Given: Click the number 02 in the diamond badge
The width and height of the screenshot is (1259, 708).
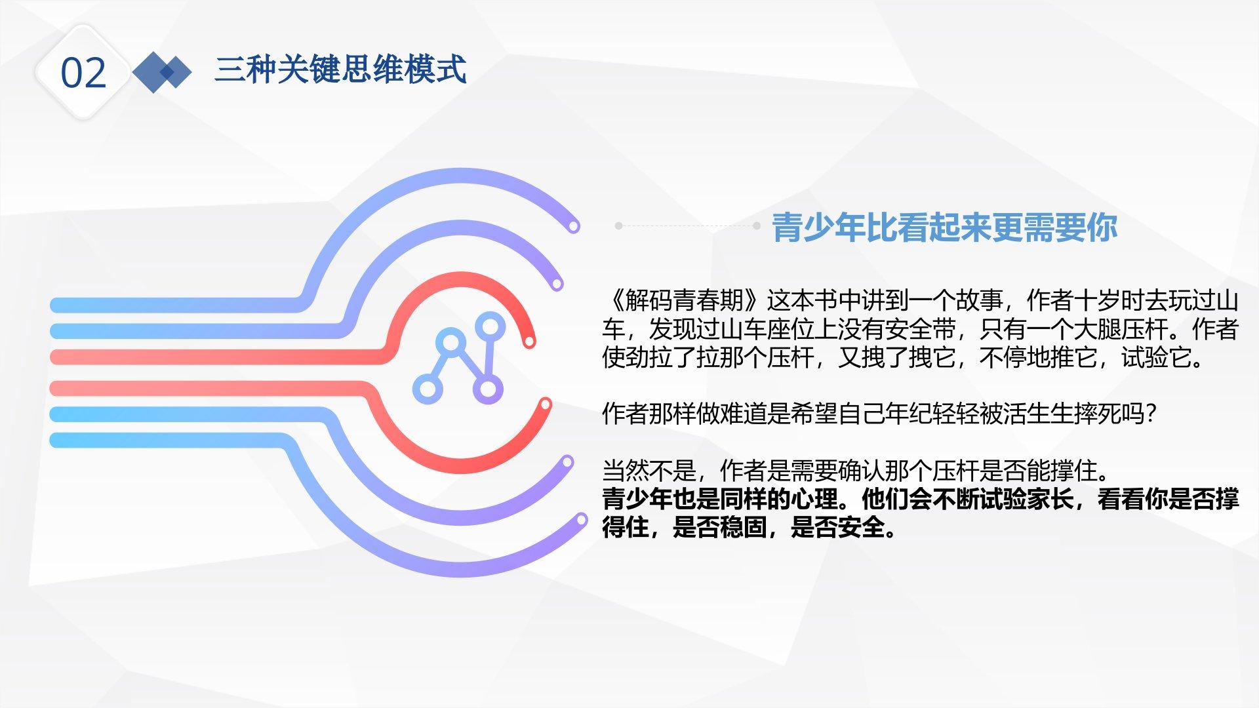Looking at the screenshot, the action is pyautogui.click(x=83, y=73).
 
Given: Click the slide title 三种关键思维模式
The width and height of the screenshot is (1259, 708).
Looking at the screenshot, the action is pyautogui.click(x=340, y=69).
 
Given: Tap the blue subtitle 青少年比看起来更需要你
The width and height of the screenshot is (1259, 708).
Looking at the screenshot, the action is pyautogui.click(x=944, y=227).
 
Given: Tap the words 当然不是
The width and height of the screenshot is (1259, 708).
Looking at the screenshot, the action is pyautogui.click(x=649, y=471).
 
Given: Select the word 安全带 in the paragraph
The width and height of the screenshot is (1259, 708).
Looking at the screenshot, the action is pyautogui.click(x=920, y=329).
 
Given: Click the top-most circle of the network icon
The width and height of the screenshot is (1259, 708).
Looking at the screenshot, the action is pyautogui.click(x=490, y=326).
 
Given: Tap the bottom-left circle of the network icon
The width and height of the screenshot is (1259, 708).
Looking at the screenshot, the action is pyautogui.click(x=427, y=389).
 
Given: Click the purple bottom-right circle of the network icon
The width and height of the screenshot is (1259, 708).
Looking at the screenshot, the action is pyautogui.click(x=487, y=389).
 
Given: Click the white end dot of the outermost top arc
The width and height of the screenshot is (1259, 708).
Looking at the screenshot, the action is pyautogui.click(x=574, y=227).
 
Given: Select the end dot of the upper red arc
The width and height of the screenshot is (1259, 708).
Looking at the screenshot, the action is pyautogui.click(x=529, y=341).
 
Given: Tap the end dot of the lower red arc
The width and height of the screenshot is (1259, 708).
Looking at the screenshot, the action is pyautogui.click(x=544, y=404).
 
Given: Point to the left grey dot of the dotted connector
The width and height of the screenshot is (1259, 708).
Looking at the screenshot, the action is pyautogui.click(x=618, y=226).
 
